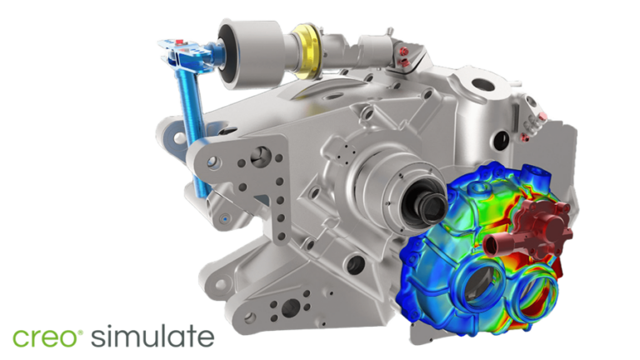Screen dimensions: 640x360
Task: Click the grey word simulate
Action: [152, 336]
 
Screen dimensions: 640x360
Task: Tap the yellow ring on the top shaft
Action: [307, 51]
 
